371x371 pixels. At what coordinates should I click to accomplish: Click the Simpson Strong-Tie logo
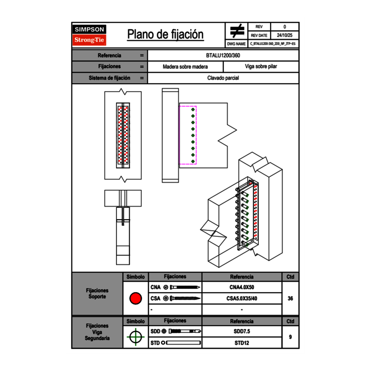coord(89,35)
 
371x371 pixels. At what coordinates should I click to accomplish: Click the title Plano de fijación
coord(165,35)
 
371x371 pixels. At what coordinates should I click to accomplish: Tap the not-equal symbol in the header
coord(237,31)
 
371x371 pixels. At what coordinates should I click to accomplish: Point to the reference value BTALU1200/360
coord(223,55)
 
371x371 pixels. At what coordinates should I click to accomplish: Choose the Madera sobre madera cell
coord(185,67)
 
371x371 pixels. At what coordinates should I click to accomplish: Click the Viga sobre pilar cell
coord(261,67)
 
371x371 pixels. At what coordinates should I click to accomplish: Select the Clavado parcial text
coord(223,78)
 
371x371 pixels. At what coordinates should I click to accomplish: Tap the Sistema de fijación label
coord(110,78)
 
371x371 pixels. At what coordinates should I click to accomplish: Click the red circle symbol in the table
coord(135,298)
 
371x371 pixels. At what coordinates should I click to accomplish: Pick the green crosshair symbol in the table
coord(135,337)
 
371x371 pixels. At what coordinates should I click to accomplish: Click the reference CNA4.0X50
coord(242,288)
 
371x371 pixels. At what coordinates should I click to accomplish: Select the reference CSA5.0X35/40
coord(242,298)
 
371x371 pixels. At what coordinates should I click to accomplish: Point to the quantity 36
coord(290,298)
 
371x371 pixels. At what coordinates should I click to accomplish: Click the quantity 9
coord(290,337)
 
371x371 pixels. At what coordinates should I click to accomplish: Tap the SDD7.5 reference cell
coord(242,331)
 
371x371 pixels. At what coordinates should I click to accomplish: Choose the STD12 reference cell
coord(242,343)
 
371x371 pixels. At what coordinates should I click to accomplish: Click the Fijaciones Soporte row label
coord(97,293)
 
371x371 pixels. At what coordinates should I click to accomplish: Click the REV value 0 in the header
coord(285,27)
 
